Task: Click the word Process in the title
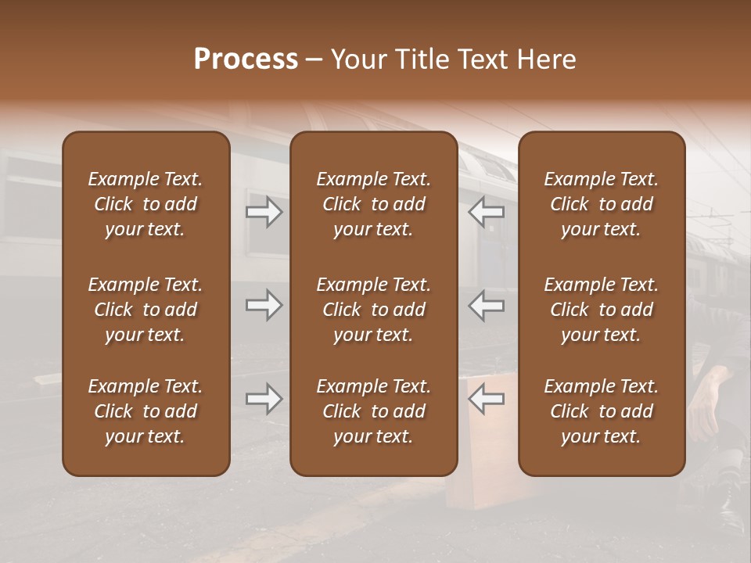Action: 246,59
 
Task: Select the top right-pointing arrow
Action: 264,213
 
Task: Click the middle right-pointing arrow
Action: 264,305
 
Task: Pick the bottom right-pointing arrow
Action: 264,399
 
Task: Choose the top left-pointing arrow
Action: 486,213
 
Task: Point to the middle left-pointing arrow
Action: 486,305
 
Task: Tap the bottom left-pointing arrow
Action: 486,399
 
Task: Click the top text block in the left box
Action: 146,204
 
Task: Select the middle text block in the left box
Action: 146,310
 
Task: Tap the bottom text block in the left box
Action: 146,411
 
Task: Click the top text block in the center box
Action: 374,204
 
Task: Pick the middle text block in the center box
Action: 374,310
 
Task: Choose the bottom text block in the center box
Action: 374,411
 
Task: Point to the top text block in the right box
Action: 602,204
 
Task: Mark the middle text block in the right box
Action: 602,310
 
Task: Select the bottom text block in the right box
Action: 602,411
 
